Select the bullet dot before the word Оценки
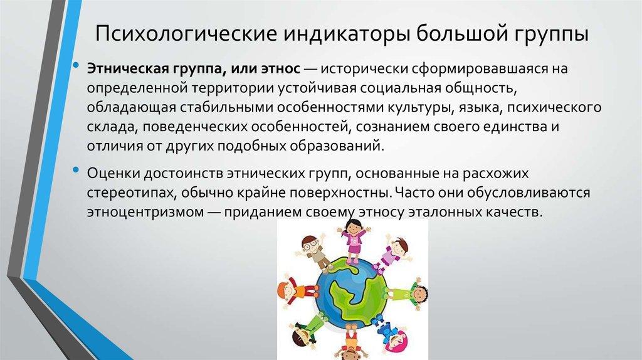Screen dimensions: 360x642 [76, 169]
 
